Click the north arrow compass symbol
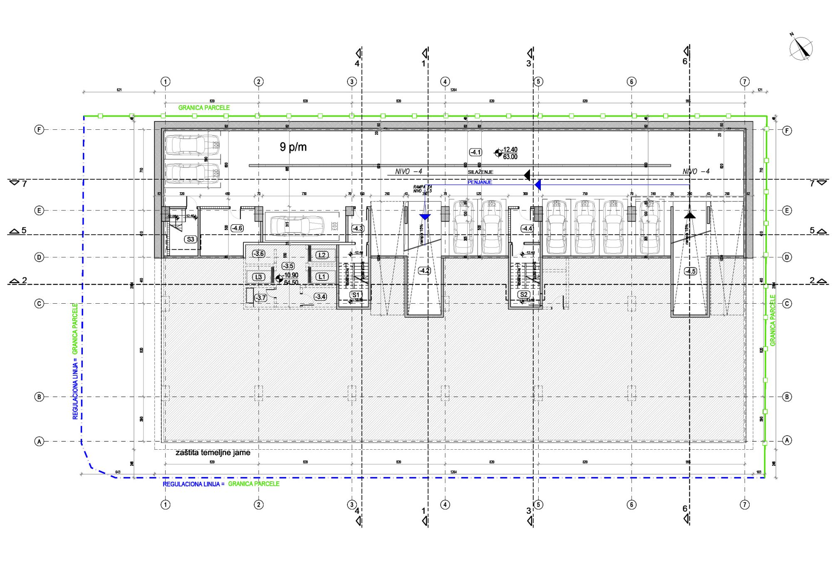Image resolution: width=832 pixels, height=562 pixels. pos(801,49)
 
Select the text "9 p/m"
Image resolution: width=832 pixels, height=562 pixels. pos(293,147)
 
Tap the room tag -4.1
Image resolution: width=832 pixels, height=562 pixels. pos(475,152)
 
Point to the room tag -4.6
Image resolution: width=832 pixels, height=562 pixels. pos(237,228)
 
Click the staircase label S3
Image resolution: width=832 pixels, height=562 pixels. pos(191,239)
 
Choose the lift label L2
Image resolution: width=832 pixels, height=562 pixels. pos(322,255)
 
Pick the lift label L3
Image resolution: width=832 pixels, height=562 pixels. pos(259,277)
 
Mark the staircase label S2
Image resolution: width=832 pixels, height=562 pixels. pos(524,295)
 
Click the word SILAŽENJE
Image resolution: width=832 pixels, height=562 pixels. pos(480,172)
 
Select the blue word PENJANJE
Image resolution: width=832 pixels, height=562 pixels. pos(480,182)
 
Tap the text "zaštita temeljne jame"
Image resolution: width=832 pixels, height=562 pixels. pos(213,453)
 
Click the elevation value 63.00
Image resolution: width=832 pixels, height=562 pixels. pos(510,157)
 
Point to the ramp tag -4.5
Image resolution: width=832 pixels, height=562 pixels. pos(690,271)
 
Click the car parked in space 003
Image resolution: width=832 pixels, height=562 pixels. pos(297,226)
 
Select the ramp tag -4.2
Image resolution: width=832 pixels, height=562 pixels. pos(424,271)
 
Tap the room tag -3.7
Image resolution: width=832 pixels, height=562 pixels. pos(260,298)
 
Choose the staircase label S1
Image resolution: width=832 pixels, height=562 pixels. pos(356,295)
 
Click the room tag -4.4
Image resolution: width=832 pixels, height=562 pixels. pos(527,228)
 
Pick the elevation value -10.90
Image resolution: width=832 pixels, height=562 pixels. pos(291,275)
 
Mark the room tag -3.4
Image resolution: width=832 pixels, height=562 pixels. pos(320,297)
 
